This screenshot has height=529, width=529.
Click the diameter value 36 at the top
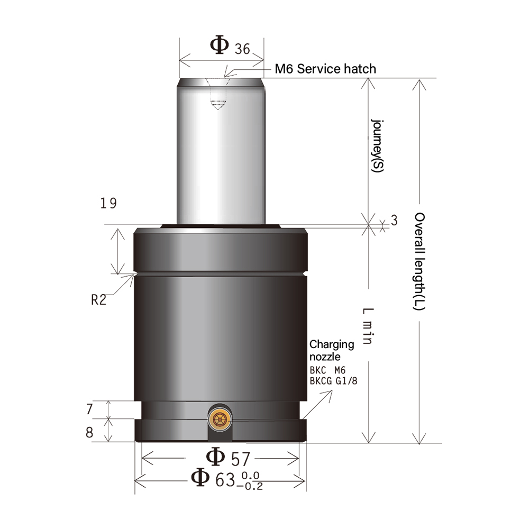[x=242, y=49]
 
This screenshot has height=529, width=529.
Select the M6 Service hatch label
[x=325, y=69]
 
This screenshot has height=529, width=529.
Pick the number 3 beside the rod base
[x=394, y=221]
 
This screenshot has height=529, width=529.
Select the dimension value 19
[x=108, y=203]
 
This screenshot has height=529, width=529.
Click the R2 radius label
[x=99, y=300]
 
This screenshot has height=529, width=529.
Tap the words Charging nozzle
[x=332, y=350]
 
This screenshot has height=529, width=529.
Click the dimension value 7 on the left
[x=89, y=409]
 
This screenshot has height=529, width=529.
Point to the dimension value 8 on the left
[x=89, y=432]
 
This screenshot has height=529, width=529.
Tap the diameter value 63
[x=225, y=480]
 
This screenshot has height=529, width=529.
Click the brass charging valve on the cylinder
[x=219, y=419]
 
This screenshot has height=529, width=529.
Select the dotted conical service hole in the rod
[x=217, y=95]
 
